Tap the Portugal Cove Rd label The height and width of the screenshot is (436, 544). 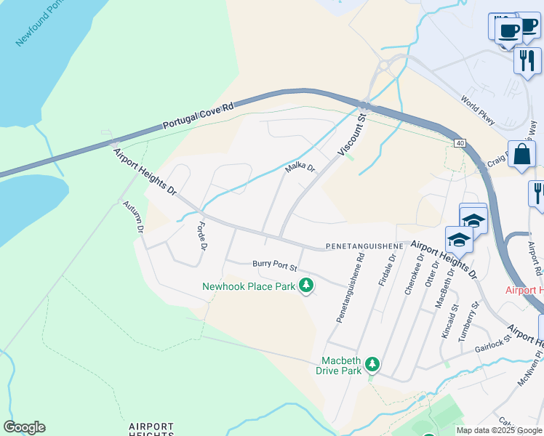[x=198, y=116]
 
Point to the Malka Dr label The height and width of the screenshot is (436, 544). [x=300, y=168]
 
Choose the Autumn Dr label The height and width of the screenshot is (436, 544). [x=134, y=217]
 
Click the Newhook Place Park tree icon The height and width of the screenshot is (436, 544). [x=306, y=286]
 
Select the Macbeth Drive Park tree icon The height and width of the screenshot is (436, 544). [x=372, y=363]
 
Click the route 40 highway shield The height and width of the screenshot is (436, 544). [x=460, y=143]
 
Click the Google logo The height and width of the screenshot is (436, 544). [x=24, y=427]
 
